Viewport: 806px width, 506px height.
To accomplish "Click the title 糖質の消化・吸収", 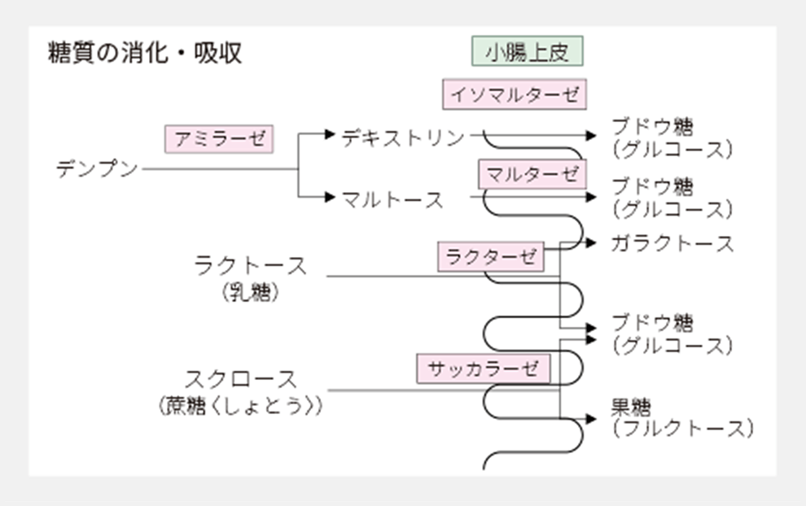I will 145,54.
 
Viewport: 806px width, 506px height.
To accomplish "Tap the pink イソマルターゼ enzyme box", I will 515,94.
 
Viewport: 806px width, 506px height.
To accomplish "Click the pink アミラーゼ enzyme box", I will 219,138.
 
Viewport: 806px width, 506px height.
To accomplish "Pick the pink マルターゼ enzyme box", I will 532,173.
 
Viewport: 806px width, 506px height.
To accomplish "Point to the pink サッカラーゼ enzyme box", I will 484,369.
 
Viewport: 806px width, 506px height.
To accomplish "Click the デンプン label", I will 98,169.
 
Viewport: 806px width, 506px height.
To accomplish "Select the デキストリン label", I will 403,137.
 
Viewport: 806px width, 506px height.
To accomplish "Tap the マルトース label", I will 392,198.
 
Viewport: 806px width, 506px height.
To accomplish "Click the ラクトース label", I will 251,265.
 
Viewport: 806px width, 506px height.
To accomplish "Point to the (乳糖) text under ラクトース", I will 250,293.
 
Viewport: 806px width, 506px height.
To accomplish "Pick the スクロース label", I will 240,379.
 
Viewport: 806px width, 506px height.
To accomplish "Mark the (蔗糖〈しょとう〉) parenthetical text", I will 240,406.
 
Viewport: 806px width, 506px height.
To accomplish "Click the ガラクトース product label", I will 672,243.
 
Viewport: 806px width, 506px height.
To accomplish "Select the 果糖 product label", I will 631,407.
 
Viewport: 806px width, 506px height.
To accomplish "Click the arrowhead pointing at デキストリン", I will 330,134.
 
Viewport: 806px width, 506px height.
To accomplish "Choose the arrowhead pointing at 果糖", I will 592,420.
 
